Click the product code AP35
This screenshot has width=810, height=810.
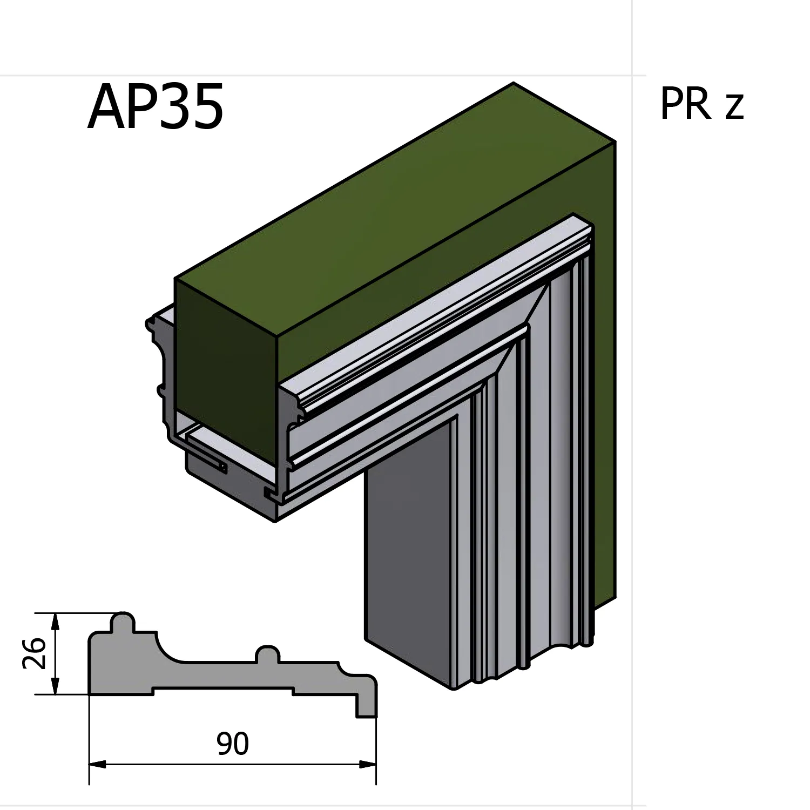pyautogui.click(x=156, y=108)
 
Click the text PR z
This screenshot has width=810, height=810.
pyautogui.click(x=701, y=104)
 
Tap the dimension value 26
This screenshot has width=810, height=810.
pyautogui.click(x=33, y=653)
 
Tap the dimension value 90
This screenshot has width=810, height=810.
pyautogui.click(x=233, y=744)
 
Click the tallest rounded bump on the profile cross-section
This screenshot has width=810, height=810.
pyautogui.click(x=123, y=621)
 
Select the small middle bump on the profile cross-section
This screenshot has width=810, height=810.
pyautogui.click(x=268, y=653)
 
